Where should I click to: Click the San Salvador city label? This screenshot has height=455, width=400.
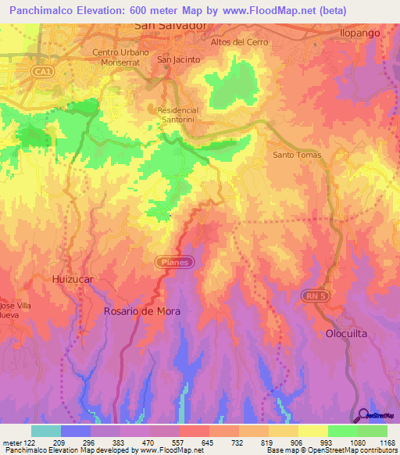170,26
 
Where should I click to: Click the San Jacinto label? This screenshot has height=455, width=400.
179,59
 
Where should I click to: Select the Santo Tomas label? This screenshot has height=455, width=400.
296,155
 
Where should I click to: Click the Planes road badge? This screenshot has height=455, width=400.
176,263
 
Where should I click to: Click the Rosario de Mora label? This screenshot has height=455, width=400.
142,311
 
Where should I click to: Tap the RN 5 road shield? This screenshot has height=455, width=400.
314,296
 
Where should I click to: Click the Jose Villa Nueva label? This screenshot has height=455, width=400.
15,310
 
